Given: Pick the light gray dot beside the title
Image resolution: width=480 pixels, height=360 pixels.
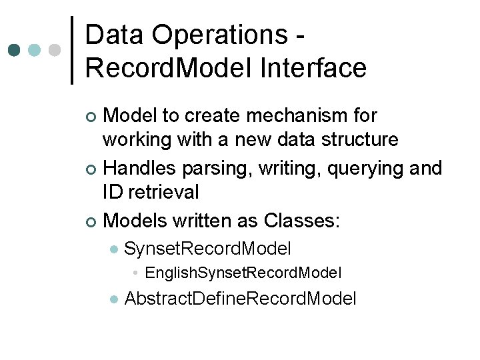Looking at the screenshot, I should (55, 50).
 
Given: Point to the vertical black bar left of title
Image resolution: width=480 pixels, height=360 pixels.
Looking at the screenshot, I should (73, 50).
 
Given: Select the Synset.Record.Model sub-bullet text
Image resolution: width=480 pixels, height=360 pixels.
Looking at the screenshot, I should (207, 249).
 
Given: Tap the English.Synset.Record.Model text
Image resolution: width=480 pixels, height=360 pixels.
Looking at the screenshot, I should (243, 272).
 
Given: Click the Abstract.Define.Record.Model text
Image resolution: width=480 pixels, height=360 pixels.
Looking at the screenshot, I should (240, 298).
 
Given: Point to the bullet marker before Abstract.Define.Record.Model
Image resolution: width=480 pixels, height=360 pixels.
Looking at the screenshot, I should (113, 299).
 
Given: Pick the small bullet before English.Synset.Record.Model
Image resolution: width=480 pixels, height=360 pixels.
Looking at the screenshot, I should (135, 273).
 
